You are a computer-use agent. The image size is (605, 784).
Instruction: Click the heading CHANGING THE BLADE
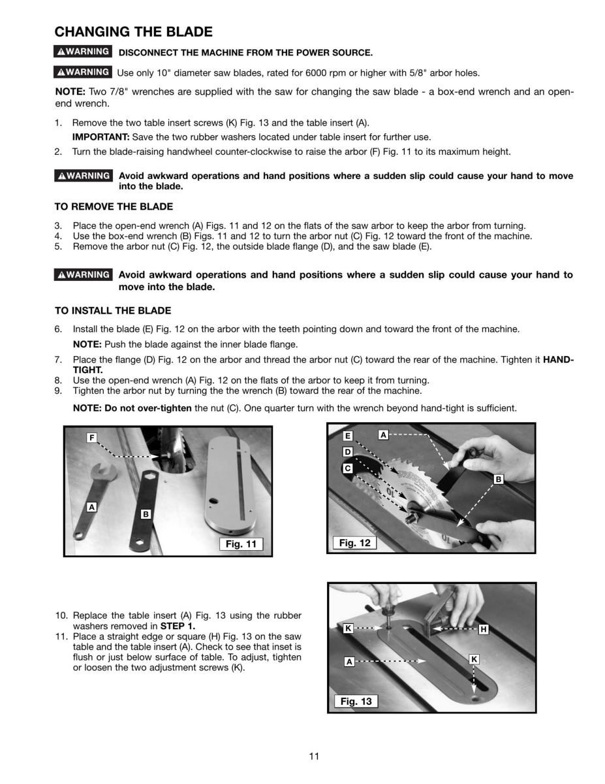[133, 32]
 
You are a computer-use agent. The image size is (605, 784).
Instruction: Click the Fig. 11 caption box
[240, 544]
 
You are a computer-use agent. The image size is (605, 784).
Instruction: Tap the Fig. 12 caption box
[354, 543]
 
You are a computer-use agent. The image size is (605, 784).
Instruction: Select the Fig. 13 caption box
[356, 701]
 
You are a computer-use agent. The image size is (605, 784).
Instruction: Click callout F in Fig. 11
[92, 437]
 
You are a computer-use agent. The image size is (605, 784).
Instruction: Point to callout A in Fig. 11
[92, 506]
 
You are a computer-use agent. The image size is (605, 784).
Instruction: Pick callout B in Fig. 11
[146, 514]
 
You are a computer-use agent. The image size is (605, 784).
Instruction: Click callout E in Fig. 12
[348, 436]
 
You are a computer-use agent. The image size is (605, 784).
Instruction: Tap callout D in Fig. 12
[348, 452]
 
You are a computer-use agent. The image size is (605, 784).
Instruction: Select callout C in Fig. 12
[348, 468]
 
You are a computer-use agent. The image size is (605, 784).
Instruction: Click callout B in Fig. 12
[499, 479]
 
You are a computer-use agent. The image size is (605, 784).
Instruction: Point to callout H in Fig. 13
[484, 629]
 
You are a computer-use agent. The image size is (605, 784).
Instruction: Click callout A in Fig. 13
[349, 661]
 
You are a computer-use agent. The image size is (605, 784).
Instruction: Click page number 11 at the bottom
[314, 756]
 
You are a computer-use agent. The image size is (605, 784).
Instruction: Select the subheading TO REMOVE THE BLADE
[114, 207]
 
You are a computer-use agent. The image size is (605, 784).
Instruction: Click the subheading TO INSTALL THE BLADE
[113, 310]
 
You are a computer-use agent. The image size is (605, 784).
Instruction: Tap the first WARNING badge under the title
[82, 52]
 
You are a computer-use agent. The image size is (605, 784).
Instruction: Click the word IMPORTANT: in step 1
[101, 137]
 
